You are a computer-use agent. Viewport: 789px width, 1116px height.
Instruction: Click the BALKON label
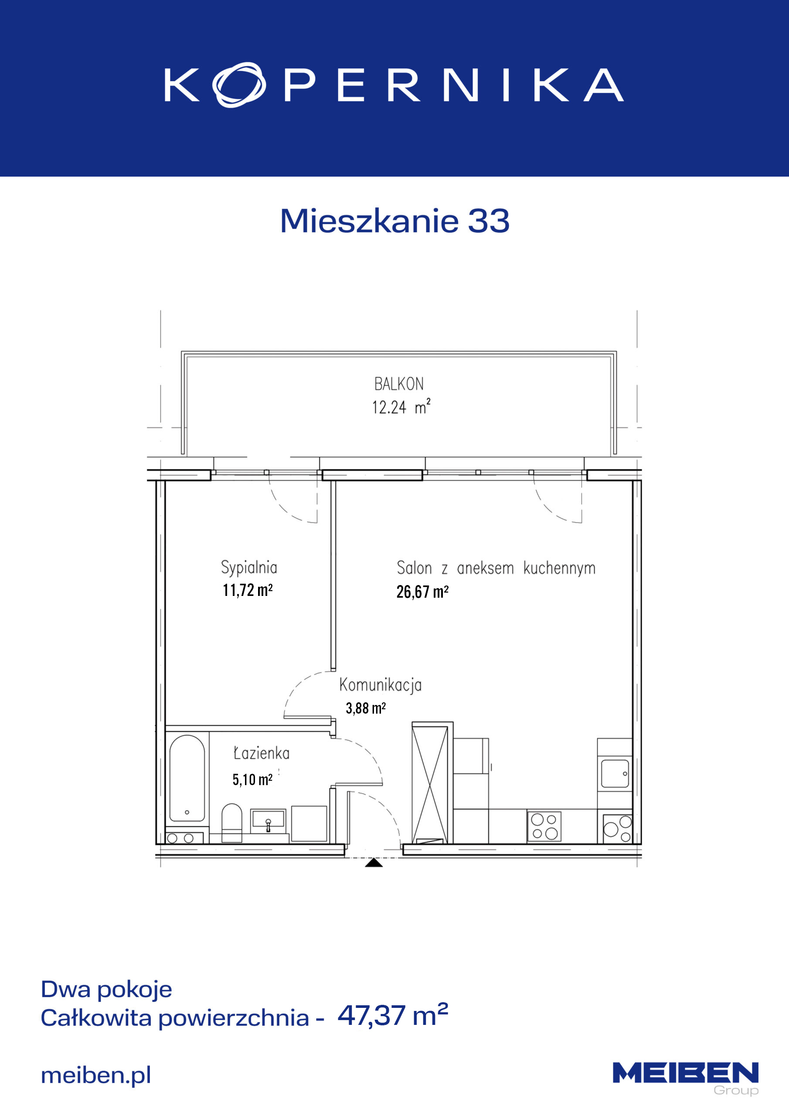pyautogui.click(x=398, y=384)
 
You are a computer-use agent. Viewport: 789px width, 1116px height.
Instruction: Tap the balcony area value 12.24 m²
pyautogui.click(x=401, y=407)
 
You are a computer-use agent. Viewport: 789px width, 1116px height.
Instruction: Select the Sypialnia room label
pyautogui.click(x=249, y=568)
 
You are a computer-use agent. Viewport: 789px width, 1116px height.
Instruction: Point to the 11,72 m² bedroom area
pyautogui.click(x=248, y=590)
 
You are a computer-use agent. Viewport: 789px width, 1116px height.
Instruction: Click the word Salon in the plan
pyautogui.click(x=414, y=568)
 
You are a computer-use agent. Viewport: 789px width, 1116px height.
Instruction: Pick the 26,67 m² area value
pyautogui.click(x=422, y=592)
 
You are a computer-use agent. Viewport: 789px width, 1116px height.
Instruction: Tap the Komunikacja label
pyautogui.click(x=380, y=685)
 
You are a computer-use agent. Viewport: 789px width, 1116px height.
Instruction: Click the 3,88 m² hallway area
pyautogui.click(x=366, y=708)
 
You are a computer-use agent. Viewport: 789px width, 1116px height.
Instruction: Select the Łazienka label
pyautogui.click(x=261, y=753)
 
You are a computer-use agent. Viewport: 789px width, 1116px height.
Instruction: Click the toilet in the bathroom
pyautogui.click(x=232, y=823)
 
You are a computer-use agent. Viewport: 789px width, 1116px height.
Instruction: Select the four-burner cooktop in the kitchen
pyautogui.click(x=544, y=826)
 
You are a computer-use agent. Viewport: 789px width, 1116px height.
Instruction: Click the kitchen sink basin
pyautogui.click(x=615, y=773)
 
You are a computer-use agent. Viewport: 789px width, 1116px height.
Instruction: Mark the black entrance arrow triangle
pyautogui.click(x=374, y=863)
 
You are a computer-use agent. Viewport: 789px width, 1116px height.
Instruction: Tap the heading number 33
pyautogui.click(x=489, y=221)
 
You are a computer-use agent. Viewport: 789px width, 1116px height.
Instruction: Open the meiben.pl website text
pyautogui.click(x=96, y=1075)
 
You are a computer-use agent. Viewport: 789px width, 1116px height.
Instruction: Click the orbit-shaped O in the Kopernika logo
pyautogui.click(x=239, y=85)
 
